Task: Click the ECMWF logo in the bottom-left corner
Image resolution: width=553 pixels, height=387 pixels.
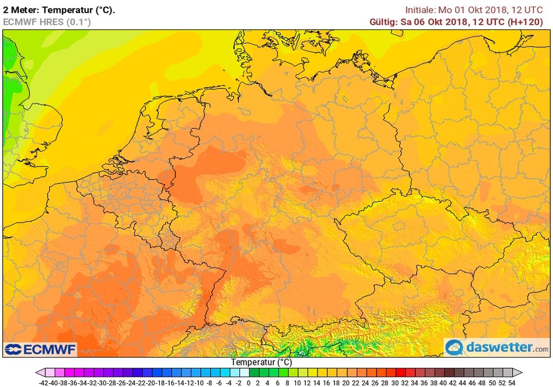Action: [x=40, y=349]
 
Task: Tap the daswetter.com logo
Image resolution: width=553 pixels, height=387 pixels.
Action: [x=497, y=347]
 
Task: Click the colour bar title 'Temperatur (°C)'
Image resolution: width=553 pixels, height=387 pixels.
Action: [x=261, y=362]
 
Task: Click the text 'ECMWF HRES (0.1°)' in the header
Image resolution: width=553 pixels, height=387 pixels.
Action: [x=47, y=22]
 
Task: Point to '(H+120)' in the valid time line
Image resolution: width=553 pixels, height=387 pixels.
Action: [x=531, y=22]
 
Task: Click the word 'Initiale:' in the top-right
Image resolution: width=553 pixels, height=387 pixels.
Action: [x=421, y=10]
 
